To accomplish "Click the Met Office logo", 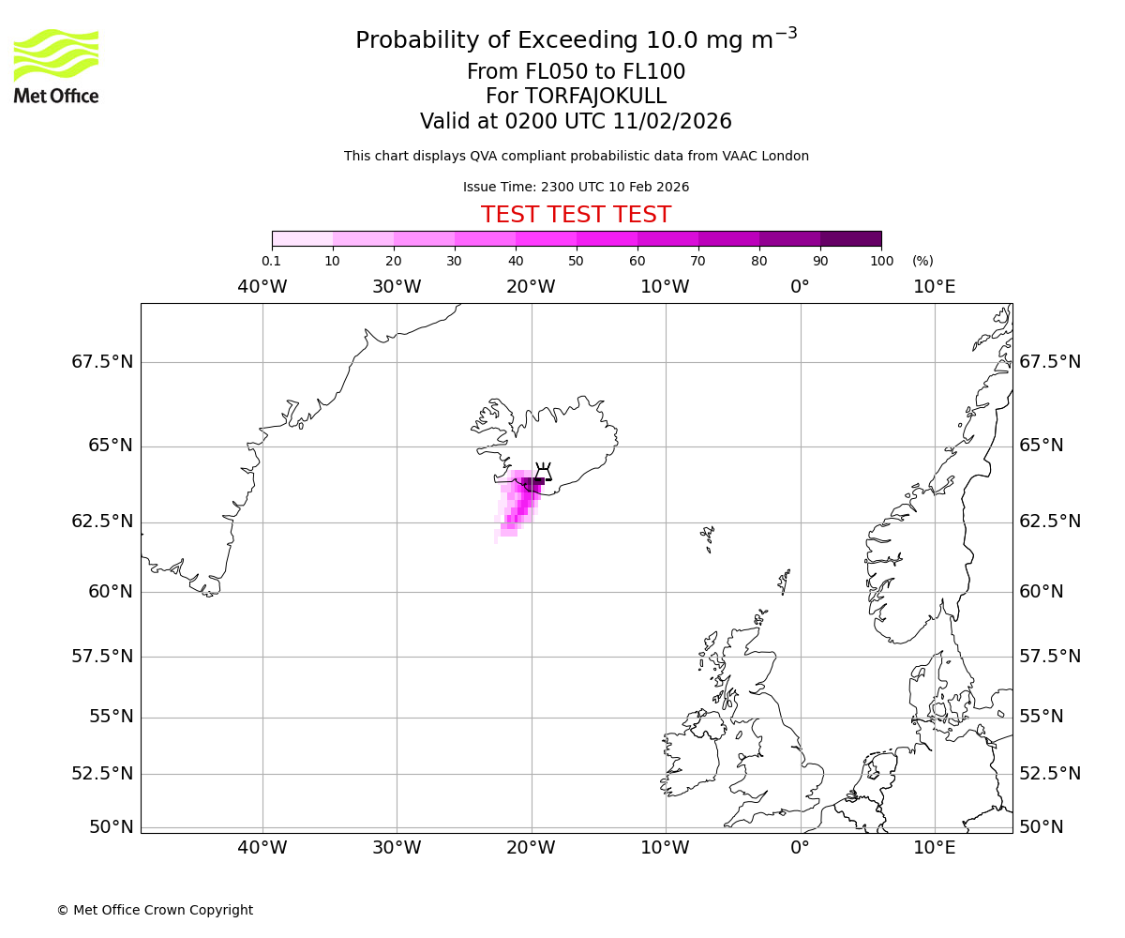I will pos(56,66).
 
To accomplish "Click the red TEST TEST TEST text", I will pos(576,215).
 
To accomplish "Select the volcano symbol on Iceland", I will pos(543,471).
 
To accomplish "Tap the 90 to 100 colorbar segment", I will pos(850,238).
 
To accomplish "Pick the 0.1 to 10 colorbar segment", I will pos(302,238).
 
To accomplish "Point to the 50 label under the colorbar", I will pos(576,261).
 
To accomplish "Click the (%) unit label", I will pos(922,261).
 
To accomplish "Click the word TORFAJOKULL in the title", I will pos(595,97).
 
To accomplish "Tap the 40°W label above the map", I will pos(262,287).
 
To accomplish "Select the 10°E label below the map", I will pos(935,848).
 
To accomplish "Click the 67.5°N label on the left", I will pos(103,362).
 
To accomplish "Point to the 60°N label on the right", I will pos(1042,592).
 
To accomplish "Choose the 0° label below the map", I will pos(800,848).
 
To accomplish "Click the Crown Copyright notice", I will pos(155,910).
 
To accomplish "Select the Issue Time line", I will pos(576,187).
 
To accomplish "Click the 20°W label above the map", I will pos(531,287).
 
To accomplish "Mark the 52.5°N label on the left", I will pos(103,774).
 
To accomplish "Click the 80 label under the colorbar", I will pos(759,261).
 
